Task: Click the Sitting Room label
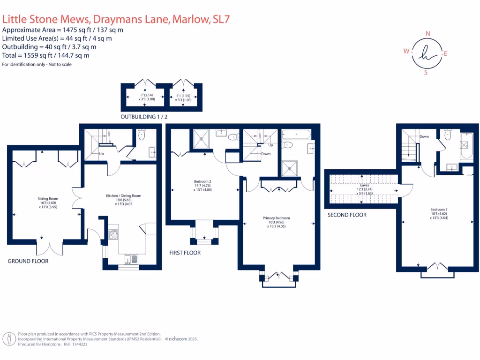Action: tap(48, 199)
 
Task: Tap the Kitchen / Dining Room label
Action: tap(123, 195)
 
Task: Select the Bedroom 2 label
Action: tap(202, 181)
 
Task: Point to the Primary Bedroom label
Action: tap(276, 218)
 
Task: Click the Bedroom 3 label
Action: tap(439, 210)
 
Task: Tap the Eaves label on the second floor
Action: tap(364, 185)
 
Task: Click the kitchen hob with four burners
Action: tap(113, 234)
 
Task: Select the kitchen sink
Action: tap(131, 260)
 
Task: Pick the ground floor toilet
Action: tap(142, 134)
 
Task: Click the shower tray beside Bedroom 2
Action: tap(202, 139)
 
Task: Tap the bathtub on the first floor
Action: tap(296, 135)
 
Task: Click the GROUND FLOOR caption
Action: tap(28, 261)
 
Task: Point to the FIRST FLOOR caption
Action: tap(185, 253)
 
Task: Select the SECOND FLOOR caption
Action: tap(347, 215)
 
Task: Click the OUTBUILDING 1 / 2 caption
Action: tap(144, 117)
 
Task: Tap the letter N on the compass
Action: tap(427, 34)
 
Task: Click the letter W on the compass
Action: tap(406, 51)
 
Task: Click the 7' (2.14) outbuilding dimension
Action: tap(147, 95)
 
